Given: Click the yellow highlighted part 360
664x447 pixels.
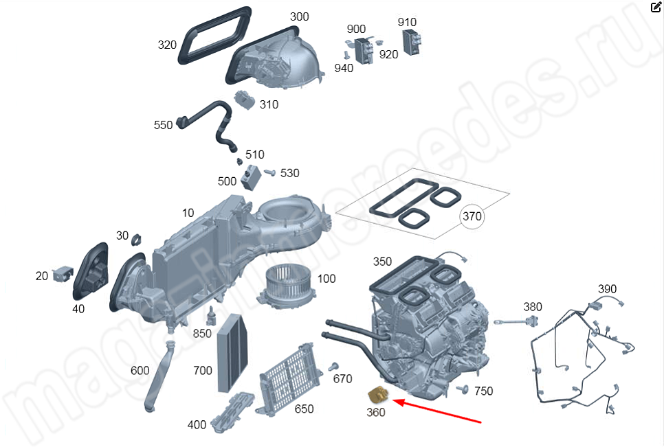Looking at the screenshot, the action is (379, 396).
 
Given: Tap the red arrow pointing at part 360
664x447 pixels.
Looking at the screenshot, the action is (437, 410).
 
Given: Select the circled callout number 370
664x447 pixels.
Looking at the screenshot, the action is (472, 216).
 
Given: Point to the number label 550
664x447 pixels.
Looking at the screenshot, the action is (163, 125).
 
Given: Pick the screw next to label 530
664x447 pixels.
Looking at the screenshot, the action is (269, 172).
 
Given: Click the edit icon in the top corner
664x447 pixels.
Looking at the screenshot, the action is (656, 7).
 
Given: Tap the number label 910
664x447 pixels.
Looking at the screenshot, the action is (407, 22).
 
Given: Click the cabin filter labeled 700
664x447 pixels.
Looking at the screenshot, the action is (232, 353).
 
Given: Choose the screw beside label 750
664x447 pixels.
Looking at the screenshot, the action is (463, 389).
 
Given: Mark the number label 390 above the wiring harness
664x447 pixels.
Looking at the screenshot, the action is (607, 289).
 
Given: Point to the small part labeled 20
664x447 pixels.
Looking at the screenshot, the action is (63, 274).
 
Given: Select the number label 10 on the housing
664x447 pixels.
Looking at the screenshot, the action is (188, 213).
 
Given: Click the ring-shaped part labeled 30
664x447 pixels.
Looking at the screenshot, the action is (136, 240).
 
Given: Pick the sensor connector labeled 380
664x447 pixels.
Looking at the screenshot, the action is (518, 322).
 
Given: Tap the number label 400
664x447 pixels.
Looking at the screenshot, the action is (197, 424).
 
